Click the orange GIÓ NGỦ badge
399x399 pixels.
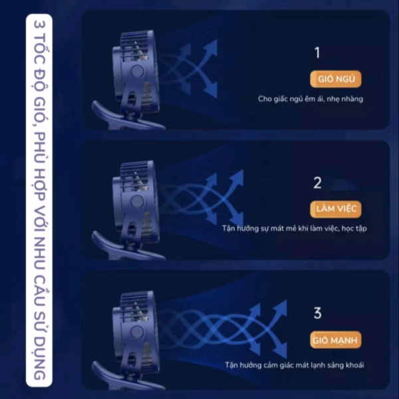336,79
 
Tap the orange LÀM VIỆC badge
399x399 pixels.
336,209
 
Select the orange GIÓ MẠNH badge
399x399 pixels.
336,340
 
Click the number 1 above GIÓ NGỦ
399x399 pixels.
317,53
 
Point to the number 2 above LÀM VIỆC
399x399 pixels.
318,183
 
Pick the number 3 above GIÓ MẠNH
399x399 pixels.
318,313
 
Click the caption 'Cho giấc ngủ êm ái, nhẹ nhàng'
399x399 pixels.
311,99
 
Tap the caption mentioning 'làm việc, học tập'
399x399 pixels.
295,229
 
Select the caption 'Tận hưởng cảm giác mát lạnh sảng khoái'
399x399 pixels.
295,365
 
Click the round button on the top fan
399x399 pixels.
137,71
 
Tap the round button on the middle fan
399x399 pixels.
137,201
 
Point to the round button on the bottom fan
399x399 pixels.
137,332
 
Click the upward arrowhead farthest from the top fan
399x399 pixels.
211,47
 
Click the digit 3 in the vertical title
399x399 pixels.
39,25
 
